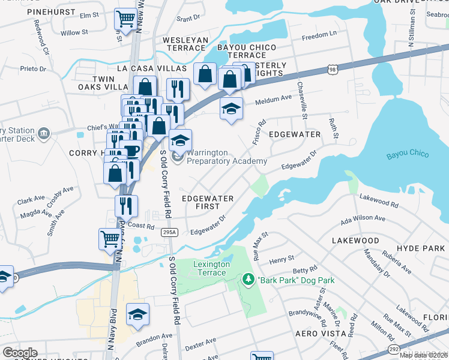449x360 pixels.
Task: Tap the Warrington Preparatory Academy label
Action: point(226,157)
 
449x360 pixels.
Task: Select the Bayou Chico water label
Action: point(408,154)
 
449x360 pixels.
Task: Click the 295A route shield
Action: point(169,232)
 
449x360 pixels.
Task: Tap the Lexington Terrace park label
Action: point(211,268)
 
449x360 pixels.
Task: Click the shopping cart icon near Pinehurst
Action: point(125,19)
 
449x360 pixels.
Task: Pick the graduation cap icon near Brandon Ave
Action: point(137,314)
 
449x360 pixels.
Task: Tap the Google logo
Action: point(20,352)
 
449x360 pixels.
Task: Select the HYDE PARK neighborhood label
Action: point(424,248)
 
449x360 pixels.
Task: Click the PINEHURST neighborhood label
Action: point(29,11)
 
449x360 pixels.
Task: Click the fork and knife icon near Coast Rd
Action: point(126,206)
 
